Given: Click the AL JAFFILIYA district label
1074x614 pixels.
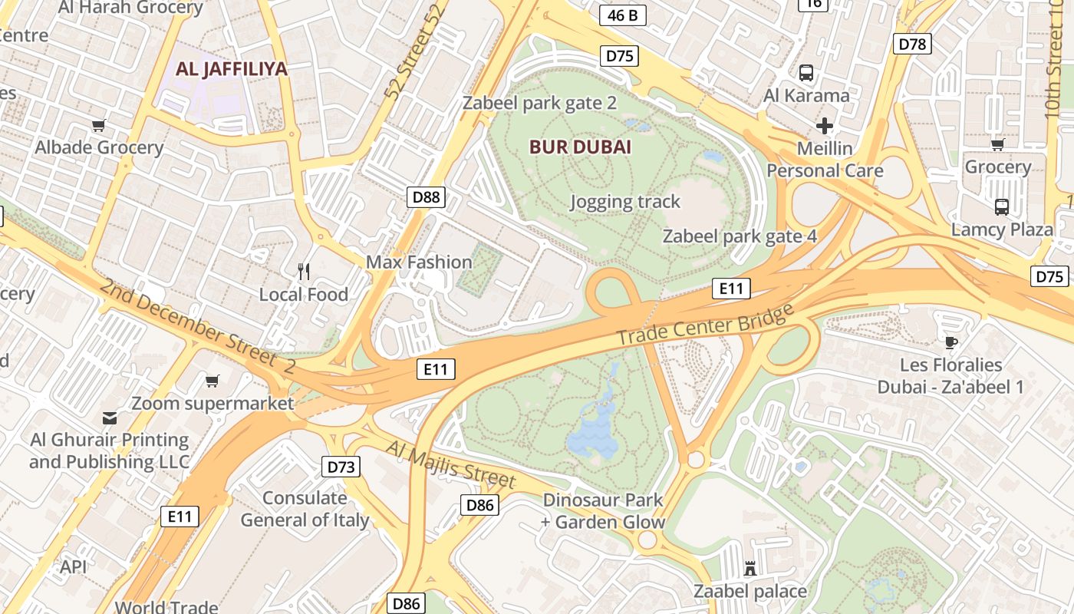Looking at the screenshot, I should pos(231,69).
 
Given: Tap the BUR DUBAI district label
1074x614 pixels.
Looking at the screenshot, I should pos(580,147).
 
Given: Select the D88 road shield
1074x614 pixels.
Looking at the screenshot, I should pos(426,197).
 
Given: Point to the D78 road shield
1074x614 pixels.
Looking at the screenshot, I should pos(912,44).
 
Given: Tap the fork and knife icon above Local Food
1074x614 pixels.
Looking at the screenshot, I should pos(304,271).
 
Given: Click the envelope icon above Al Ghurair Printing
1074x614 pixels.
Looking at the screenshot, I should pos(109,418).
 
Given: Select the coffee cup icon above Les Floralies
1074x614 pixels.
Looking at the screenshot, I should pos(951,342).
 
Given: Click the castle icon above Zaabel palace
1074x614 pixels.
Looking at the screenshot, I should pos(750,569).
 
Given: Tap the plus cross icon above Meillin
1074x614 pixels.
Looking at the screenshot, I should pos(825,126).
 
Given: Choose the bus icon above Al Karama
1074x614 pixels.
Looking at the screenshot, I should pos(805,73).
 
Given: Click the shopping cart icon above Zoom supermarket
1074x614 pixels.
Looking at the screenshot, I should pos(212,381).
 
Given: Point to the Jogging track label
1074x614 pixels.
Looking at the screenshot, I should pos(625,202).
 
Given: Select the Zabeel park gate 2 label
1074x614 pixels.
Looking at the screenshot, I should pos(539,103).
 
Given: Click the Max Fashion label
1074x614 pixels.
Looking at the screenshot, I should pos(419,262).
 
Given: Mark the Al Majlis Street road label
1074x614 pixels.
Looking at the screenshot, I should pos(450,464).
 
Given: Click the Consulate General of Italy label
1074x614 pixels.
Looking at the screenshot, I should pos(305,509).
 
